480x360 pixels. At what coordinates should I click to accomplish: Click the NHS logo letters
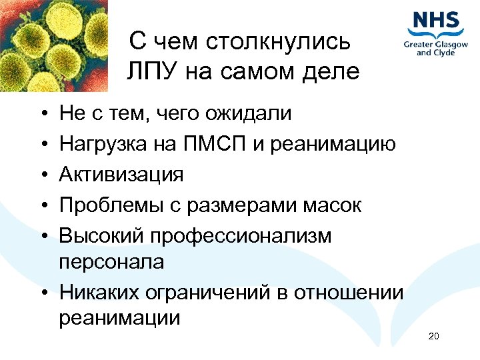coord(436,19)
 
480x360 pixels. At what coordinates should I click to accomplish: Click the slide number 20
coord(434,336)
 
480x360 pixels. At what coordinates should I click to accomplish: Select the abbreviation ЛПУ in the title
coord(151,71)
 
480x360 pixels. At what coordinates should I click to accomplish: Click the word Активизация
coord(121,175)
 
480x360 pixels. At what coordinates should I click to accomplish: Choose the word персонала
coord(111,262)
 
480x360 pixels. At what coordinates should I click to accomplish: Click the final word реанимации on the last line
coord(119,318)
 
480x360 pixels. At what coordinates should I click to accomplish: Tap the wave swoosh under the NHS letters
coord(436,33)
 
